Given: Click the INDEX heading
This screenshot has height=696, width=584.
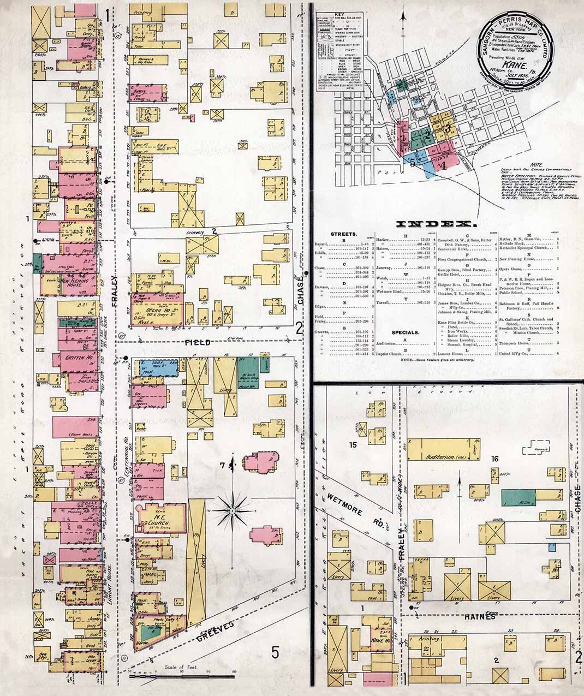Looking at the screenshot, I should [x=433, y=223].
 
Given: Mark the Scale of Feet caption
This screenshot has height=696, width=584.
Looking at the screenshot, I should [x=182, y=668].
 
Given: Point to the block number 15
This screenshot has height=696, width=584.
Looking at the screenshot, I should [x=353, y=445].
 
